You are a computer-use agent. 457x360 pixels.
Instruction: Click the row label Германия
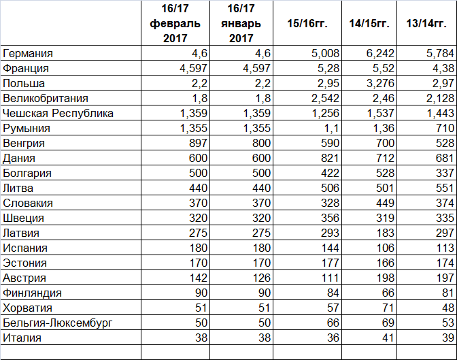[28, 53]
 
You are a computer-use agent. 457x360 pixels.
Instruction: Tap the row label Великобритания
[46, 98]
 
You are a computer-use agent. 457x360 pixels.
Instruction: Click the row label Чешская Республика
[58, 113]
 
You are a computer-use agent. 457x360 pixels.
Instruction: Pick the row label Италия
[22, 338]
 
